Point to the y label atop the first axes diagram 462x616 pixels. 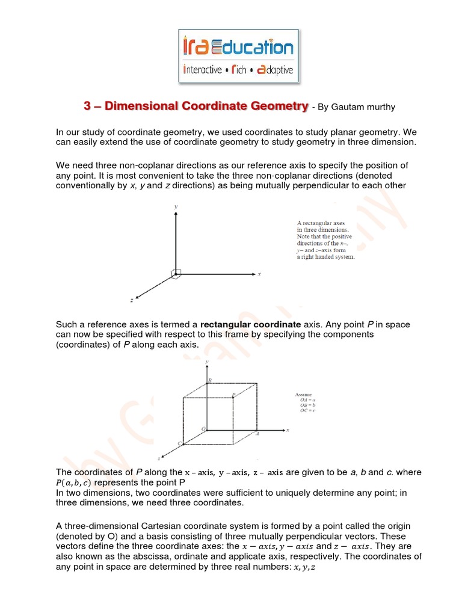pyautogui.click(x=175, y=206)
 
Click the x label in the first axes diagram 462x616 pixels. pyautogui.click(x=259, y=274)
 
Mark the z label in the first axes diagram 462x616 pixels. pyautogui.click(x=131, y=299)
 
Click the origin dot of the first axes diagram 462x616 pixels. pyautogui.click(x=176, y=273)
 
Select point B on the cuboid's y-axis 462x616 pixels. pyautogui.click(x=209, y=381)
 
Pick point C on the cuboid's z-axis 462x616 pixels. pyautogui.click(x=179, y=443)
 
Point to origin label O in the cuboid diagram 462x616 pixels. pyautogui.click(x=203, y=428)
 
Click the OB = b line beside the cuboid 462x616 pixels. pyautogui.click(x=307, y=405)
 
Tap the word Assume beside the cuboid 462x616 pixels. pyautogui.click(x=303, y=394)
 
